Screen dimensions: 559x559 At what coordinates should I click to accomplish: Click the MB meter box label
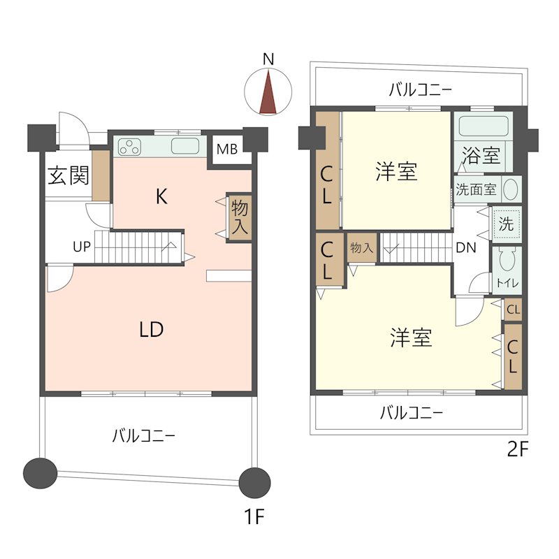pos(227,149)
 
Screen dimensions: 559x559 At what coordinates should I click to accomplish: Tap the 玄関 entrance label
pos(68,175)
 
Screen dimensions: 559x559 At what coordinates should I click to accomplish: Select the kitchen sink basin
pos(185,146)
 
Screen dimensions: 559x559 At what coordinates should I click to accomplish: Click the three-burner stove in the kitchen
pos(129,147)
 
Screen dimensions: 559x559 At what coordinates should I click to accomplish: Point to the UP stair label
pos(82,247)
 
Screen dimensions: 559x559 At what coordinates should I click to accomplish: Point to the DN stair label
pos(466,247)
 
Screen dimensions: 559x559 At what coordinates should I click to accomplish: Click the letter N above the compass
pos(268,59)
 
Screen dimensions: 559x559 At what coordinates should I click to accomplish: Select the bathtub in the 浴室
pos(484,126)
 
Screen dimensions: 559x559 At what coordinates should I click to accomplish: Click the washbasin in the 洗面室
pos(511,189)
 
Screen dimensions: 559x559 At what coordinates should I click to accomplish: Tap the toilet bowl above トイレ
pos(507,259)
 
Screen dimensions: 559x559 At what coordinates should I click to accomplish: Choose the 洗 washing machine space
pos(506,224)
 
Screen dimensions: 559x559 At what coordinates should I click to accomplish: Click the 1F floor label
pos(254,516)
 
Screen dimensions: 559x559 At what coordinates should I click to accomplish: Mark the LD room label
pos(152,330)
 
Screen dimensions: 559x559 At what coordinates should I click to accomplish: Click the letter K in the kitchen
pos(161,196)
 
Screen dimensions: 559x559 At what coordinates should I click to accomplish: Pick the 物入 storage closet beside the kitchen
pos(240,217)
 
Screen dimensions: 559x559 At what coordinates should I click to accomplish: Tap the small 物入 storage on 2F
pos(362,247)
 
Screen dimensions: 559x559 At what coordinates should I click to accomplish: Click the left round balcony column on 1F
pos(40,473)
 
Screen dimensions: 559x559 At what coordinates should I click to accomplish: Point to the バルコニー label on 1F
pos(144,435)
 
